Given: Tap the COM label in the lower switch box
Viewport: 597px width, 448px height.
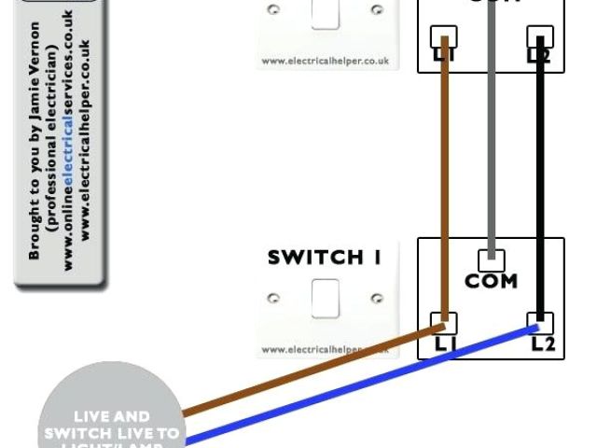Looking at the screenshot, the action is (x=491, y=281).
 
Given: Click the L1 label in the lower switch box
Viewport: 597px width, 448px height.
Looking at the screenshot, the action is (x=445, y=343).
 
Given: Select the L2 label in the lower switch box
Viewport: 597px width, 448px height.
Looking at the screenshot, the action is (x=542, y=343).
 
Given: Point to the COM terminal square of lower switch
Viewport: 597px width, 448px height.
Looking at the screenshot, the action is (x=491, y=259).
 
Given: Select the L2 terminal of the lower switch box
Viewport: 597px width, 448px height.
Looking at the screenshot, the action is (x=540, y=323).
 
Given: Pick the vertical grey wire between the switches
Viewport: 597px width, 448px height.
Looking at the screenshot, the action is (x=491, y=149).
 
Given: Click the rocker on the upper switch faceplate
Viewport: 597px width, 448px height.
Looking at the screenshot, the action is (x=325, y=13).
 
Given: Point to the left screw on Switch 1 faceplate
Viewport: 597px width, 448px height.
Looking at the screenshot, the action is (x=274, y=299).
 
